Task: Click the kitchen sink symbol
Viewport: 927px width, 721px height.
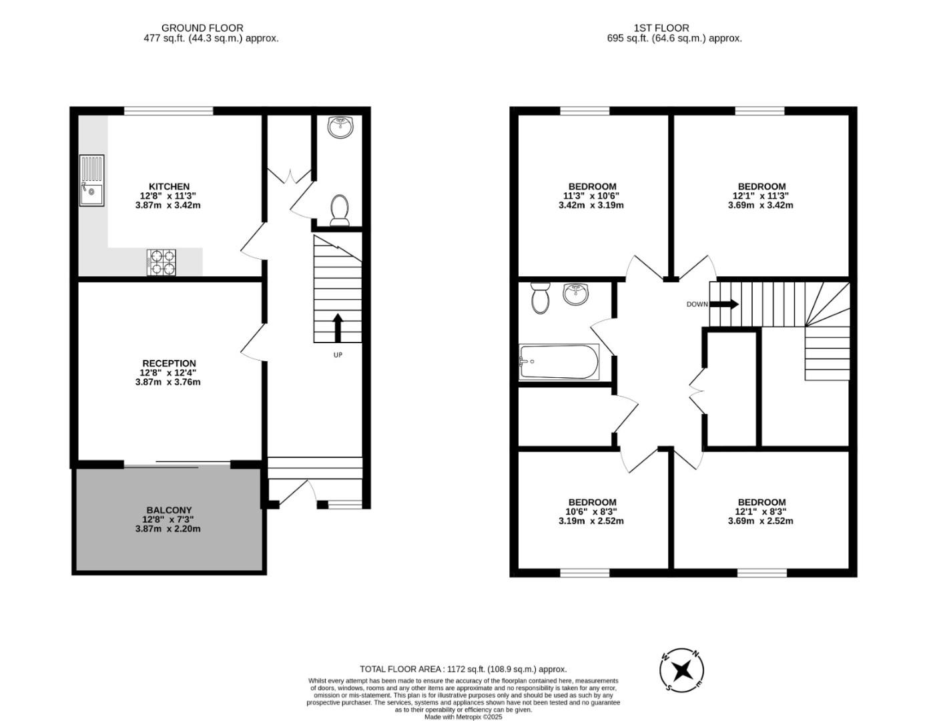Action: [x=91, y=180]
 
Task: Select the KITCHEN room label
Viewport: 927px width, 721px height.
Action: [x=169, y=186]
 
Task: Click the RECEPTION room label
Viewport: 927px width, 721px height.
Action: [x=169, y=363]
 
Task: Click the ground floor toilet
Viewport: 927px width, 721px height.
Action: [x=340, y=210]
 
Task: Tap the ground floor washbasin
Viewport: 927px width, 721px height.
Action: [x=341, y=126]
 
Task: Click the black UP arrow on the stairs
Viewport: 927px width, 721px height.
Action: [x=338, y=327]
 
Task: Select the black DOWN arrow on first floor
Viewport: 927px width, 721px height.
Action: [x=723, y=304]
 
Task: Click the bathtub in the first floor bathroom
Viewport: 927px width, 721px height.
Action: [x=559, y=361]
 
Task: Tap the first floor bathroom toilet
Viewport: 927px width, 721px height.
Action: [x=540, y=297]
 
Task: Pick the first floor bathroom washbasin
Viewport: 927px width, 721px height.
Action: [x=575, y=294]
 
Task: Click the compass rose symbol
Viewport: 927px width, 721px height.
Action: [x=682, y=670]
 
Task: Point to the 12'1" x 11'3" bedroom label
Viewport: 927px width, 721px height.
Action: [x=761, y=186]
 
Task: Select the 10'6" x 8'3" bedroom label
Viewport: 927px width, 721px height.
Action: [x=591, y=502]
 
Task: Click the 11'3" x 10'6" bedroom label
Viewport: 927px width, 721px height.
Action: [x=591, y=186]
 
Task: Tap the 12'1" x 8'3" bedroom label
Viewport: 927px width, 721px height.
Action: [x=761, y=502]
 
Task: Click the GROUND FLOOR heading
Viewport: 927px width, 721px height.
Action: [x=202, y=28]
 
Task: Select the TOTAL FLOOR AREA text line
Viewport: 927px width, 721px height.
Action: [x=462, y=669]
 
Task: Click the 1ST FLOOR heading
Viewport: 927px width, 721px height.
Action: [x=661, y=28]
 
